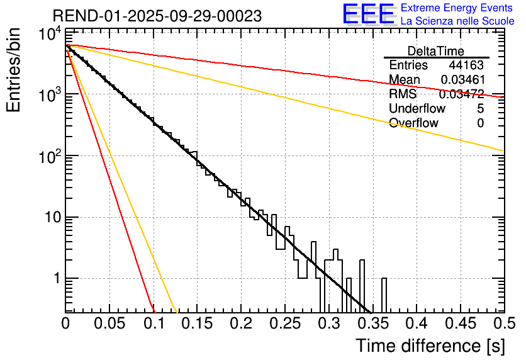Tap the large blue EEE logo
pyautogui.click(x=368, y=15)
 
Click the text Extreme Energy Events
pyautogui.click(x=457, y=8)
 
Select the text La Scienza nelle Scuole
pyautogui.click(x=457, y=21)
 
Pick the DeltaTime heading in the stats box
pyautogui.click(x=436, y=51)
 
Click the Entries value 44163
pyautogui.click(x=466, y=65)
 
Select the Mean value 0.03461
pyautogui.click(x=462, y=80)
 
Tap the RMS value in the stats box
pyautogui.click(x=462, y=94)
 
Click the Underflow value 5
pyautogui.click(x=480, y=109)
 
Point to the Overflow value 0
pyautogui.click(x=480, y=123)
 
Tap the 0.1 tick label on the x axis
pyautogui.click(x=153, y=323)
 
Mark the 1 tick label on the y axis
pyautogui.click(x=55, y=279)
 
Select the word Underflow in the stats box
pyautogui.click(x=417, y=109)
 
